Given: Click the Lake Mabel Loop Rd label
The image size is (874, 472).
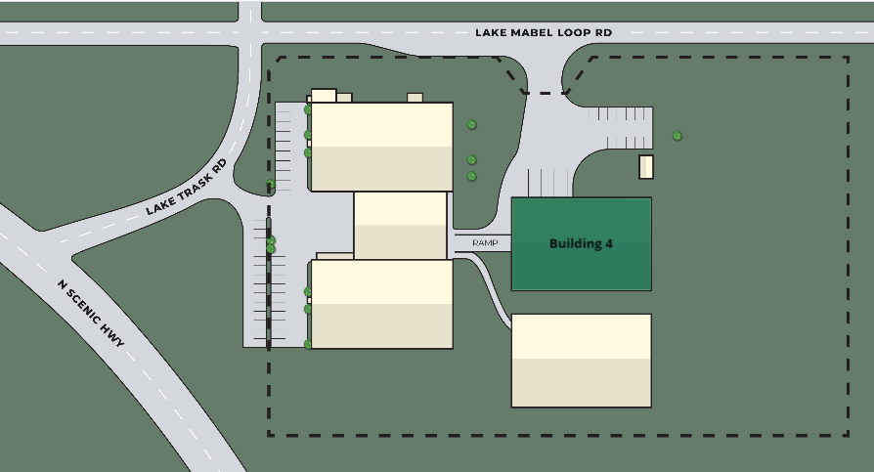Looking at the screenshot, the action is (544, 33).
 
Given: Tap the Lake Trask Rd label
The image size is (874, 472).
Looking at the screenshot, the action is (187, 188).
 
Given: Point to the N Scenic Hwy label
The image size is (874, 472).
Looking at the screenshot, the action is (91, 314).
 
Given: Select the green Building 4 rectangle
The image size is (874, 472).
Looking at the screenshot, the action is (582, 244).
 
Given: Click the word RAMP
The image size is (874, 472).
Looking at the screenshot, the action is (485, 243).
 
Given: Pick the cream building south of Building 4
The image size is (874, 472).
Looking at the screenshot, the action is (582, 361).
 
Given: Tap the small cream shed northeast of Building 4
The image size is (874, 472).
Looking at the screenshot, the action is (646, 167).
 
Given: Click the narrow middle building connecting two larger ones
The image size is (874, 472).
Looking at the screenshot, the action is (400, 225).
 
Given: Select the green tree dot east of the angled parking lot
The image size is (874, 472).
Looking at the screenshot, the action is (677, 136).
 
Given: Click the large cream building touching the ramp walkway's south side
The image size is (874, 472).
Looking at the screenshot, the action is (382, 304).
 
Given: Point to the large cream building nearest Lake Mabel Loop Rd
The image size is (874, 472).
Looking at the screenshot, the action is (382, 147).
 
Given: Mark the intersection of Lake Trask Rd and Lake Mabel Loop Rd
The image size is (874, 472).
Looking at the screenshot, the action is (249, 33).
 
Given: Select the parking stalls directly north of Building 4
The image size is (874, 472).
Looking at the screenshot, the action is (549, 183).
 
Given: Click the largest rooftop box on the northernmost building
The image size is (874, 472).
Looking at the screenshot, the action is (324, 96).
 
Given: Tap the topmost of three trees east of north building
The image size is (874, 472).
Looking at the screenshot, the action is (471, 124).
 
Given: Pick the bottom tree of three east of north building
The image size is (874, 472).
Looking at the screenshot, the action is (471, 176).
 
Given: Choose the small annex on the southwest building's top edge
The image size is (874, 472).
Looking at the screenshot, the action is (334, 256).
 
